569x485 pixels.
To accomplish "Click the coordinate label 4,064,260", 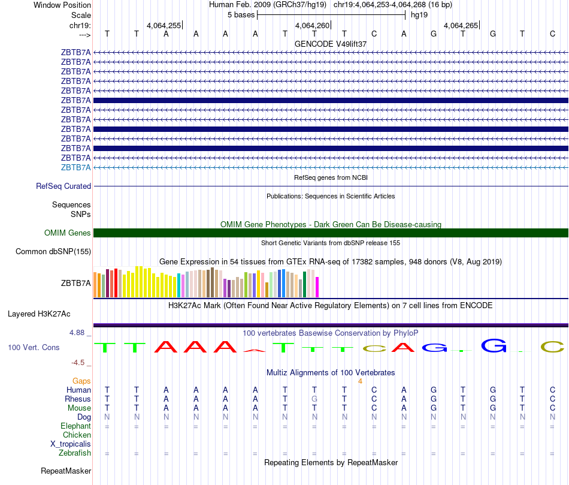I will click(x=312, y=25).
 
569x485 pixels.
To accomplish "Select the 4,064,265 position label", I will click(x=461, y=25).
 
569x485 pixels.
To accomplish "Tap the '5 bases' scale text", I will click(x=241, y=14).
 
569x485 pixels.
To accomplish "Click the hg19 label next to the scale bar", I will click(x=419, y=14).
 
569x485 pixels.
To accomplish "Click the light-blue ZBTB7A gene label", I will click(x=76, y=167).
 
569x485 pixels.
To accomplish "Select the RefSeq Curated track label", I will click(x=63, y=186).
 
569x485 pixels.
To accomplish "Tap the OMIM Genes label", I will click(x=68, y=233).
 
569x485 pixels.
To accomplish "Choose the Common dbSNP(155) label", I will click(x=53, y=252).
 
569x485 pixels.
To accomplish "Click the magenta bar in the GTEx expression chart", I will click(x=317, y=287).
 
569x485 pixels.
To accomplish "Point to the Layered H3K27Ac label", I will click(x=39, y=314).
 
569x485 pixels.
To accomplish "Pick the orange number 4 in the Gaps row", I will click(x=360, y=381).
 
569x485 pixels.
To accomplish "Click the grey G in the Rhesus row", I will click(x=314, y=399).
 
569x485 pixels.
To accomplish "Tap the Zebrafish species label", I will click(x=75, y=453).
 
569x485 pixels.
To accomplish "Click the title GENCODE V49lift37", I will click(x=331, y=44).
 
